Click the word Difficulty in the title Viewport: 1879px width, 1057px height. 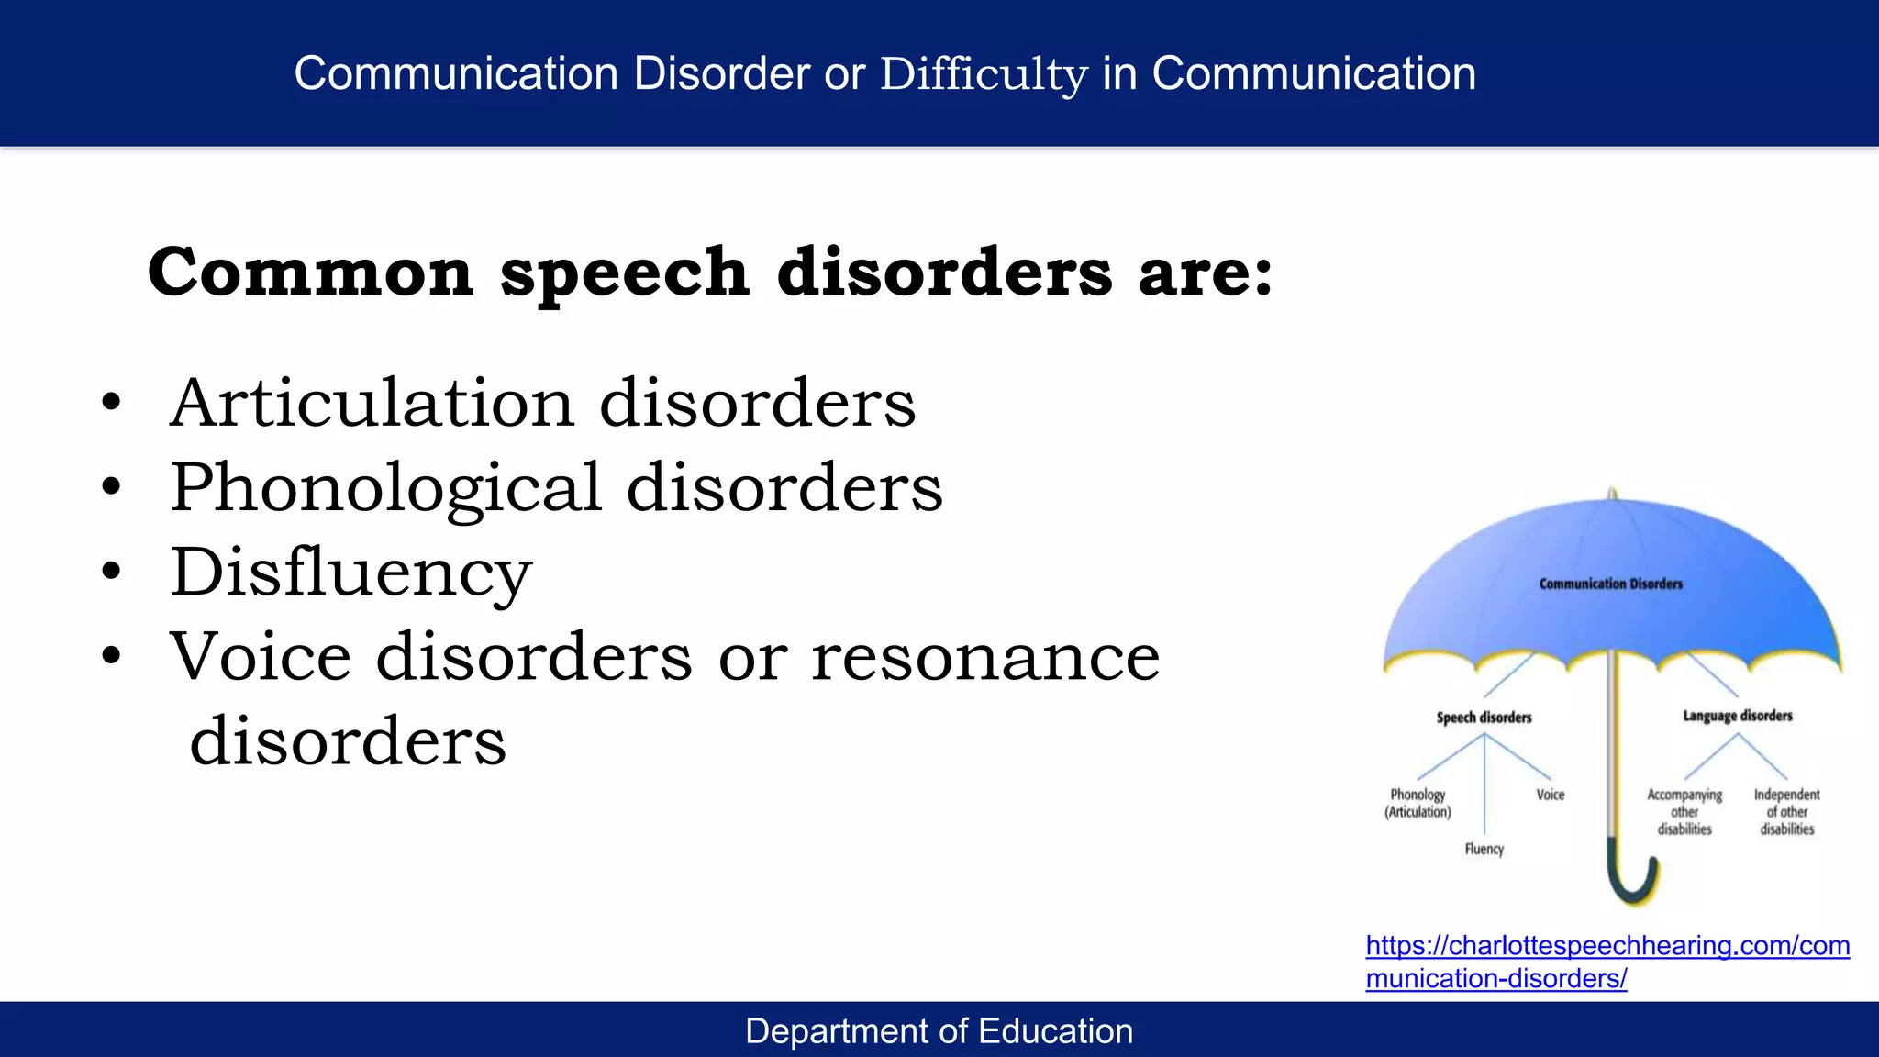click(984, 74)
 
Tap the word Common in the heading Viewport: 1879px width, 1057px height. click(310, 273)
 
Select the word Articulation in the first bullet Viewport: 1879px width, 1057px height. click(372, 403)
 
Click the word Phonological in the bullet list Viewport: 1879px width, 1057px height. click(385, 487)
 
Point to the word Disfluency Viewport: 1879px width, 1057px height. click(350, 573)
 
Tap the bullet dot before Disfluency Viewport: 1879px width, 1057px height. click(111, 571)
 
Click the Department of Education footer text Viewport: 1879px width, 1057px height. click(939, 1031)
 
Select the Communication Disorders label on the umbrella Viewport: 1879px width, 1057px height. click(1610, 584)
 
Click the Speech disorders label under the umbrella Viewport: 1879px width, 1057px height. click(1484, 718)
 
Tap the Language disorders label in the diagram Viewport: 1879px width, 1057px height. click(1737, 716)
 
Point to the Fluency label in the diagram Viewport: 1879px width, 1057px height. click(1484, 850)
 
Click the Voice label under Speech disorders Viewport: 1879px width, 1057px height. click(1550, 795)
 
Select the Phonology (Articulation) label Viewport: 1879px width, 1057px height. click(1418, 803)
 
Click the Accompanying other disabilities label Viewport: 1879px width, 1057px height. click(1684, 811)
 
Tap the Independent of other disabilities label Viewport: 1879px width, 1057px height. click(1786, 811)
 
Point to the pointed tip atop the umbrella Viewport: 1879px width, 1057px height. click(1612, 494)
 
